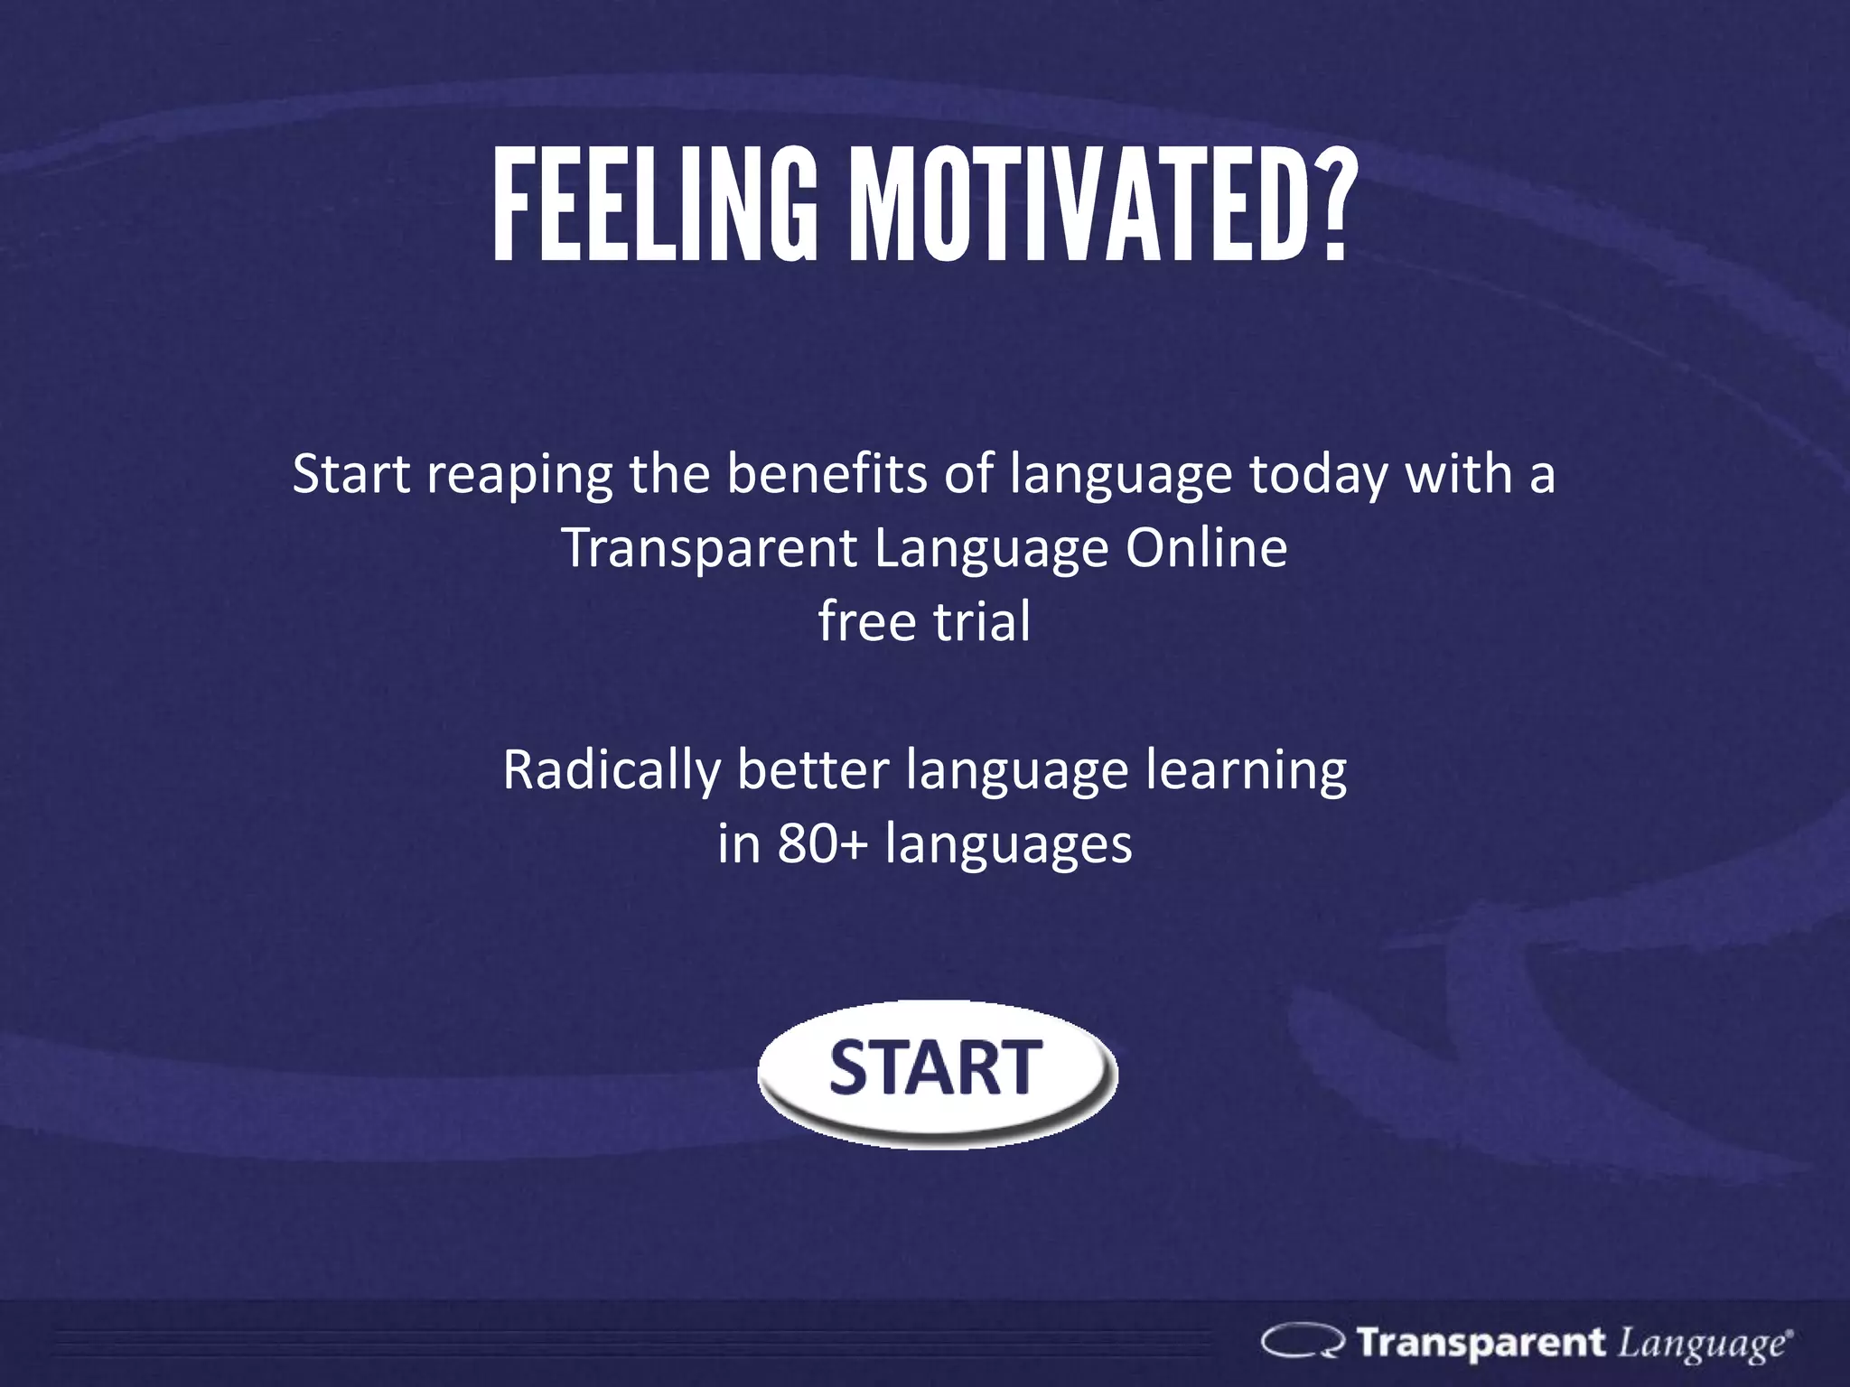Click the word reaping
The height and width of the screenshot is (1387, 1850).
pos(519,477)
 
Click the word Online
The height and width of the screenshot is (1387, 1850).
pos(1206,547)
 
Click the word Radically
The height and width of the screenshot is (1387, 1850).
pos(611,771)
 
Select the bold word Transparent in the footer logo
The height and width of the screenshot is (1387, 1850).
pos(1481,1342)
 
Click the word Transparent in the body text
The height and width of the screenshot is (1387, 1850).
pos(709,549)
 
